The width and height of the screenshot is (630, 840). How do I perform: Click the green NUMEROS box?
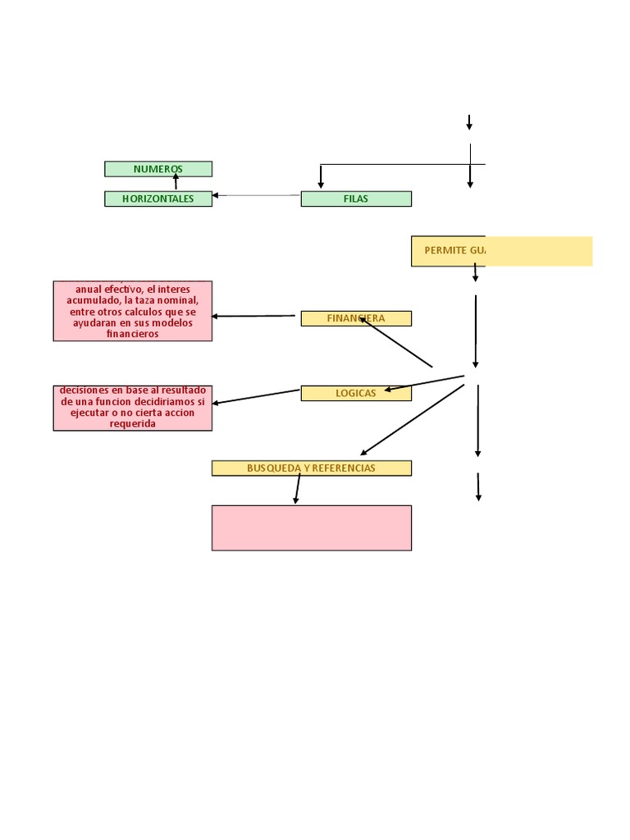(x=157, y=169)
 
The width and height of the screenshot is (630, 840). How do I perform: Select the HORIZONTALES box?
(x=157, y=199)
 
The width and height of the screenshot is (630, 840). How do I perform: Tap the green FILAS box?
(x=356, y=199)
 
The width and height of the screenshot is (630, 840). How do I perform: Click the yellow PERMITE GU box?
(x=501, y=251)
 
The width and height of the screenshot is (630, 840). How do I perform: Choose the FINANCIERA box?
(x=356, y=318)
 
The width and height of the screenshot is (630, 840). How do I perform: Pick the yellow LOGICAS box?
(x=356, y=393)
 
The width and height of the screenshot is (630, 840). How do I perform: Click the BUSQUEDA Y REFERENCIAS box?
(x=311, y=468)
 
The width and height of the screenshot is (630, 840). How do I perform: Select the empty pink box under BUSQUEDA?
(x=311, y=527)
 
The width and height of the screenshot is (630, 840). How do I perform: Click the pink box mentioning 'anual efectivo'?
(x=133, y=311)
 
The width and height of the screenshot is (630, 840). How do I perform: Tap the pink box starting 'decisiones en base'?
(x=133, y=408)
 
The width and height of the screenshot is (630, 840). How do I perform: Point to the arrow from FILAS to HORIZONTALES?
(x=256, y=196)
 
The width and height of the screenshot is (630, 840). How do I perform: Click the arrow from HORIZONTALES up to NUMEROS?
(x=176, y=182)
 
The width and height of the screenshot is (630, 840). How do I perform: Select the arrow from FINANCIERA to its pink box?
(x=254, y=316)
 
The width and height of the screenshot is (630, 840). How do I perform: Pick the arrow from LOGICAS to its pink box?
(x=256, y=397)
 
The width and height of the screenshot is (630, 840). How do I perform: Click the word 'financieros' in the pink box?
(x=133, y=335)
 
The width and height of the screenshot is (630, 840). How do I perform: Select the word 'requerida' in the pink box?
(x=133, y=424)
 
